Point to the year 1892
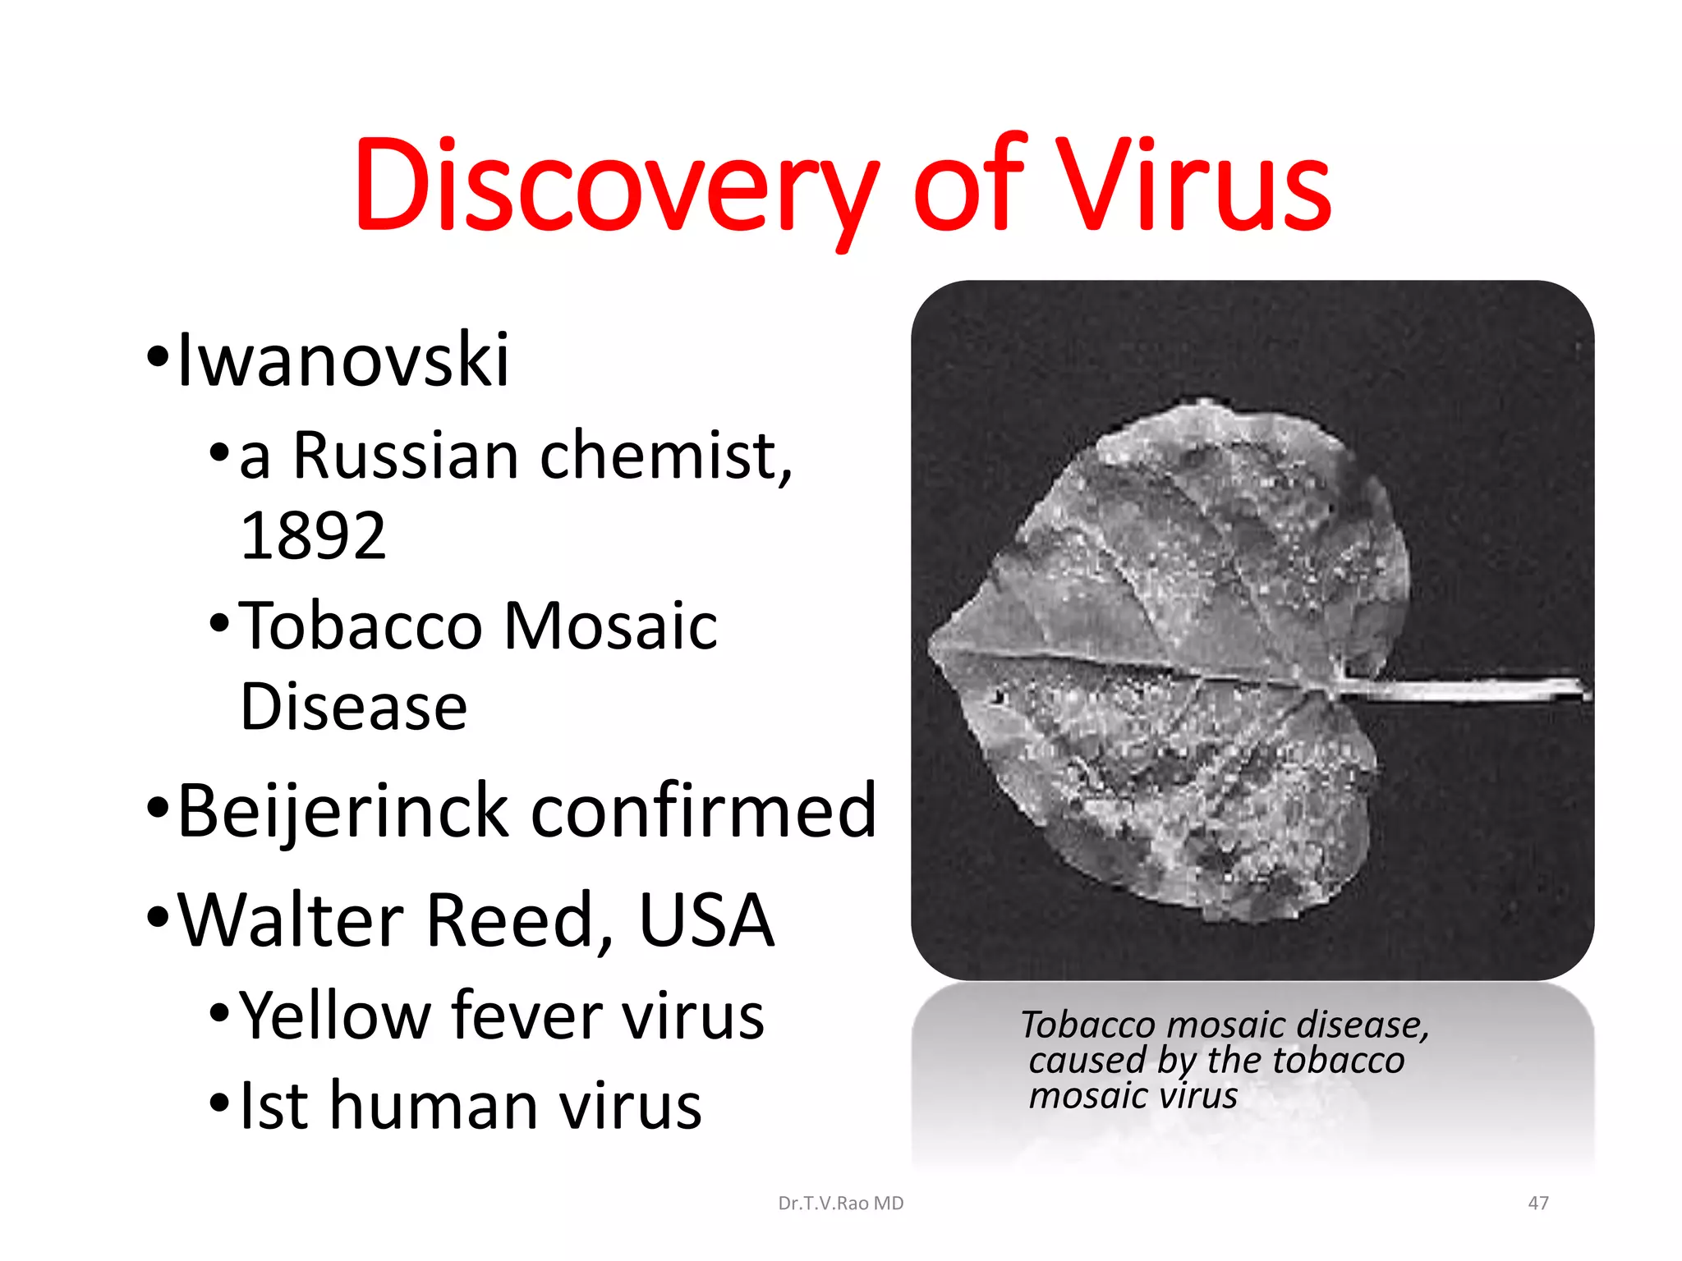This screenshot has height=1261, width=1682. coord(313,536)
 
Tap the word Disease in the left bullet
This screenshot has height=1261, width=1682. coord(354,707)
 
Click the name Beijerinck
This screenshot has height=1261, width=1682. coord(343,811)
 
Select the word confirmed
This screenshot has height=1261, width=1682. coord(704,811)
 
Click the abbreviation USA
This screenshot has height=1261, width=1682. coord(706,919)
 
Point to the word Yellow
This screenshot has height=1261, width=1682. coord(335,1016)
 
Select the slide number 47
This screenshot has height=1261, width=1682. coord(1538,1204)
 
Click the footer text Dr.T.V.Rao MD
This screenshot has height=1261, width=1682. coord(840,1204)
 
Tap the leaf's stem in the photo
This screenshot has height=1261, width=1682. coord(1462,688)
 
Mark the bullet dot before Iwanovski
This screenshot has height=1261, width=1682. coord(158,356)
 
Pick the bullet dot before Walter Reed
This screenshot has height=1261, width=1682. coord(158,915)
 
